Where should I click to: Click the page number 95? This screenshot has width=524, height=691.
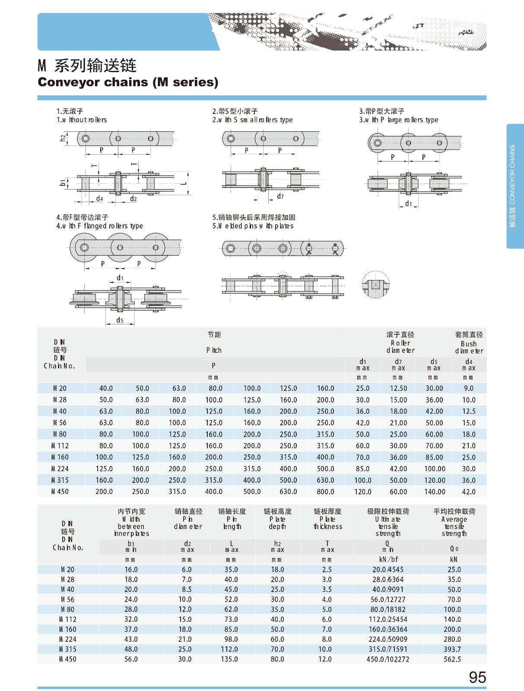coord(477,677)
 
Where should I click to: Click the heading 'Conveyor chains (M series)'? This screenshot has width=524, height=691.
coord(128,82)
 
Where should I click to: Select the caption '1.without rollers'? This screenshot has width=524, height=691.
coord(82,120)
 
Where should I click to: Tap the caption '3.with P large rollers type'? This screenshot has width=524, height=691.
coord(398,120)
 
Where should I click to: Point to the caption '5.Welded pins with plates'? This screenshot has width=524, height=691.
coord(253,226)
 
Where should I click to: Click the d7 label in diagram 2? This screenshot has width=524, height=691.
coord(280,197)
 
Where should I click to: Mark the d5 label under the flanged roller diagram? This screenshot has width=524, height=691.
coord(120,320)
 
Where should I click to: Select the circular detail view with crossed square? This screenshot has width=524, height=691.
coord(375,285)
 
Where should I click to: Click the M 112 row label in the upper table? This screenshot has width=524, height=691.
coord(60,446)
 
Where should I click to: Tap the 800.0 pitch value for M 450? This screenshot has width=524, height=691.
coord(325,491)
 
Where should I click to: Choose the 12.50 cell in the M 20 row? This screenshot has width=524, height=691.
coord(398,388)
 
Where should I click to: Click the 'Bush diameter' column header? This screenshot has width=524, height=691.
coord(469,347)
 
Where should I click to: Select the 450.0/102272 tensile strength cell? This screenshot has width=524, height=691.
coord(388,659)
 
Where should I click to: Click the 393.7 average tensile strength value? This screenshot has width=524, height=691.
coord(452,649)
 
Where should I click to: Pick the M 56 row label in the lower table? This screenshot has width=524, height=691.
coord(67,599)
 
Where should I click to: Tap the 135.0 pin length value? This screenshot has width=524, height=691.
coord(231,659)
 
